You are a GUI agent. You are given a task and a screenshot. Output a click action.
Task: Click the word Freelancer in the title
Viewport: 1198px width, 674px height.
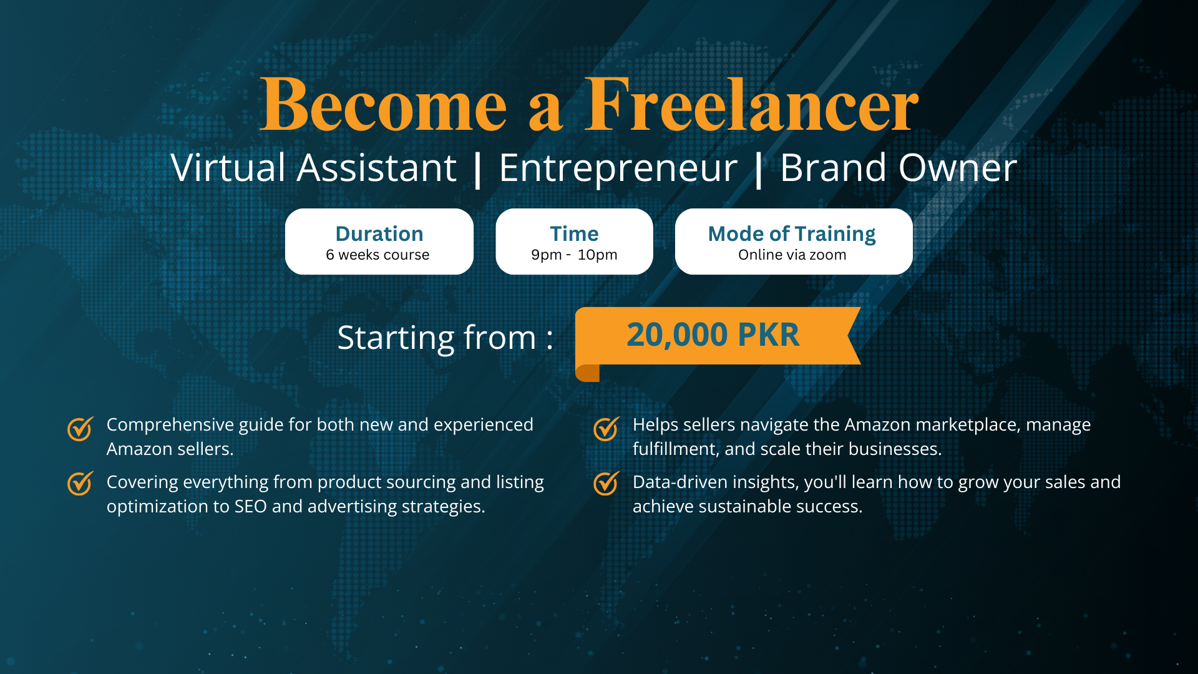pyautogui.click(x=751, y=104)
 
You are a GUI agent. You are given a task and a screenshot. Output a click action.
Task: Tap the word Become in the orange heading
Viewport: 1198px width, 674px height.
pyautogui.click(x=383, y=104)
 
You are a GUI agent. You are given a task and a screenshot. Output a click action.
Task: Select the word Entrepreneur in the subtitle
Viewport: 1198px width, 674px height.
pyautogui.click(x=618, y=168)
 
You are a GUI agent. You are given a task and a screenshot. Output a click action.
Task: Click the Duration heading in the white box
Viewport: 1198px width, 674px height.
pyautogui.click(x=379, y=233)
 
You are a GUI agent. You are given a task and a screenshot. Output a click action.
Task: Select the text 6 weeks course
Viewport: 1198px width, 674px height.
pyautogui.click(x=377, y=255)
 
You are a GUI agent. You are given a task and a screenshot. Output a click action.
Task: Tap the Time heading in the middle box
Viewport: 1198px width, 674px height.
pyautogui.click(x=574, y=233)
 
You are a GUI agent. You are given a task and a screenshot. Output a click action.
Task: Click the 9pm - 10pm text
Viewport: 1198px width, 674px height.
pyautogui.click(x=574, y=255)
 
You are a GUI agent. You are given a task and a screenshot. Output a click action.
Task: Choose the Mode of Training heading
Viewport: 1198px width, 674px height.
pyautogui.click(x=792, y=234)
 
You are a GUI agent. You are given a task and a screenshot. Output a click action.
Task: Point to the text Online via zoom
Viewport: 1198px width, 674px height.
pyautogui.click(x=792, y=255)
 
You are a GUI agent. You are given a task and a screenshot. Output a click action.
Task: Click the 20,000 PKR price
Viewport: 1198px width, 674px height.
pyautogui.click(x=713, y=335)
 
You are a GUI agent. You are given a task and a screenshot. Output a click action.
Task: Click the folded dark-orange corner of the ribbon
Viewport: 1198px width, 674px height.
pyautogui.click(x=587, y=373)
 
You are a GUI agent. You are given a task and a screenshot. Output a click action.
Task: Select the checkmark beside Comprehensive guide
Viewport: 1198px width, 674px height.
pyautogui.click(x=80, y=429)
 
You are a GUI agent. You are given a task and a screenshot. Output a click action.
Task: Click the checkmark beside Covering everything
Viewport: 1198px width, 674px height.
pyautogui.click(x=80, y=483)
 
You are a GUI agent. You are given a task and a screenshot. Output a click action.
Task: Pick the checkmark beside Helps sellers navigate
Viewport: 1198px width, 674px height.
pyautogui.click(x=606, y=429)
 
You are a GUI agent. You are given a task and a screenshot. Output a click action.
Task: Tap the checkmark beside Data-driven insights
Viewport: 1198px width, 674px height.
pyautogui.click(x=606, y=483)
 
